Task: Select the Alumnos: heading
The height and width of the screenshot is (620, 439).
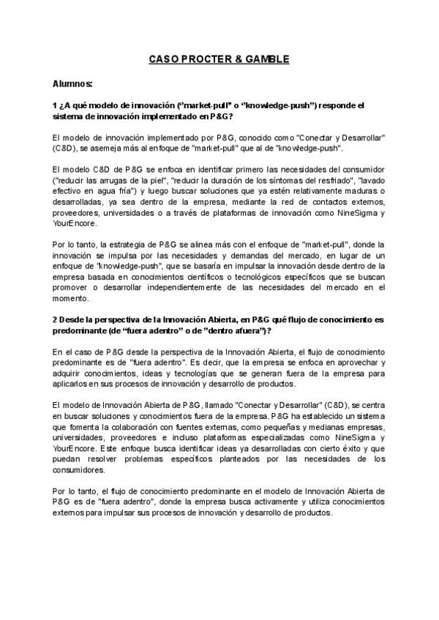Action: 72,84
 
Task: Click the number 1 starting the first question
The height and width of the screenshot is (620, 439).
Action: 55,105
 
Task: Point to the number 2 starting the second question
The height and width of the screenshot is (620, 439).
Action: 55,320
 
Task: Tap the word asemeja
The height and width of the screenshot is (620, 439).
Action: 104,148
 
